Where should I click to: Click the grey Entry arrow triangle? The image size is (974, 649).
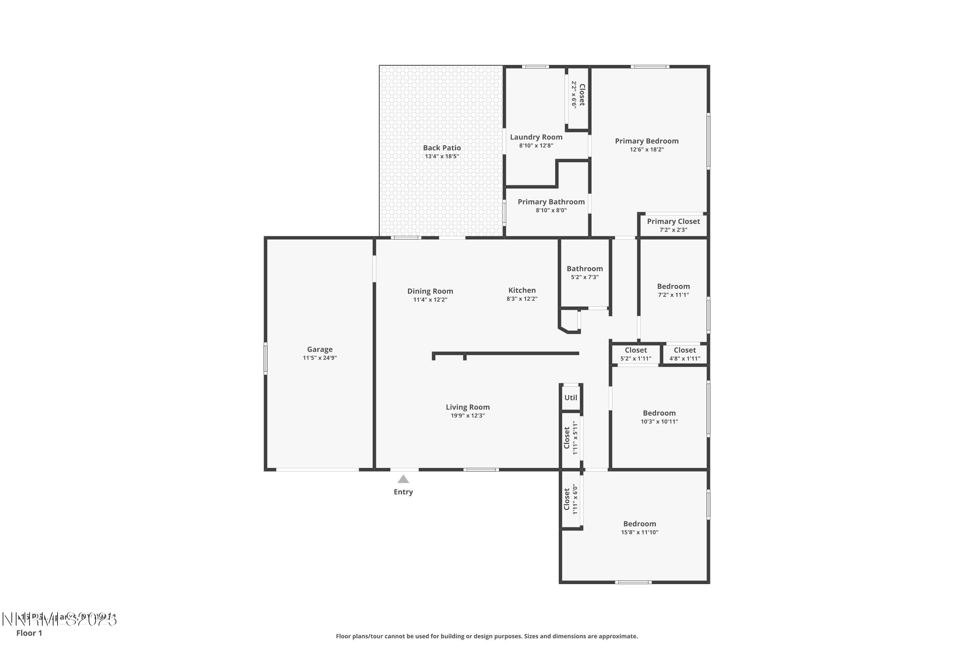click(x=403, y=479)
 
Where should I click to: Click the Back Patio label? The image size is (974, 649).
click(x=442, y=148)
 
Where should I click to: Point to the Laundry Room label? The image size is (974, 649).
click(x=536, y=137)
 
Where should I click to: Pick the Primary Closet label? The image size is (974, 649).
click(x=673, y=221)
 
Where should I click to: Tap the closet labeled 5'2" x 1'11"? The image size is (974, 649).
click(x=635, y=354)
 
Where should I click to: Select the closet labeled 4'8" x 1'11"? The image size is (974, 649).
click(x=684, y=354)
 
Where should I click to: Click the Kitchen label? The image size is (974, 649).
click(x=522, y=290)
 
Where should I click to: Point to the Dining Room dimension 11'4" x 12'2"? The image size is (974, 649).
click(x=430, y=300)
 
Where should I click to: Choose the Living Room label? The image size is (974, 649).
click(x=468, y=407)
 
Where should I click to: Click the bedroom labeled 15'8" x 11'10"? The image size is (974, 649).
click(x=639, y=528)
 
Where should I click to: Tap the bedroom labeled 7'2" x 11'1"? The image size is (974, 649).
click(x=673, y=290)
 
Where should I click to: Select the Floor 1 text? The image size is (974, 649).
click(x=29, y=633)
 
